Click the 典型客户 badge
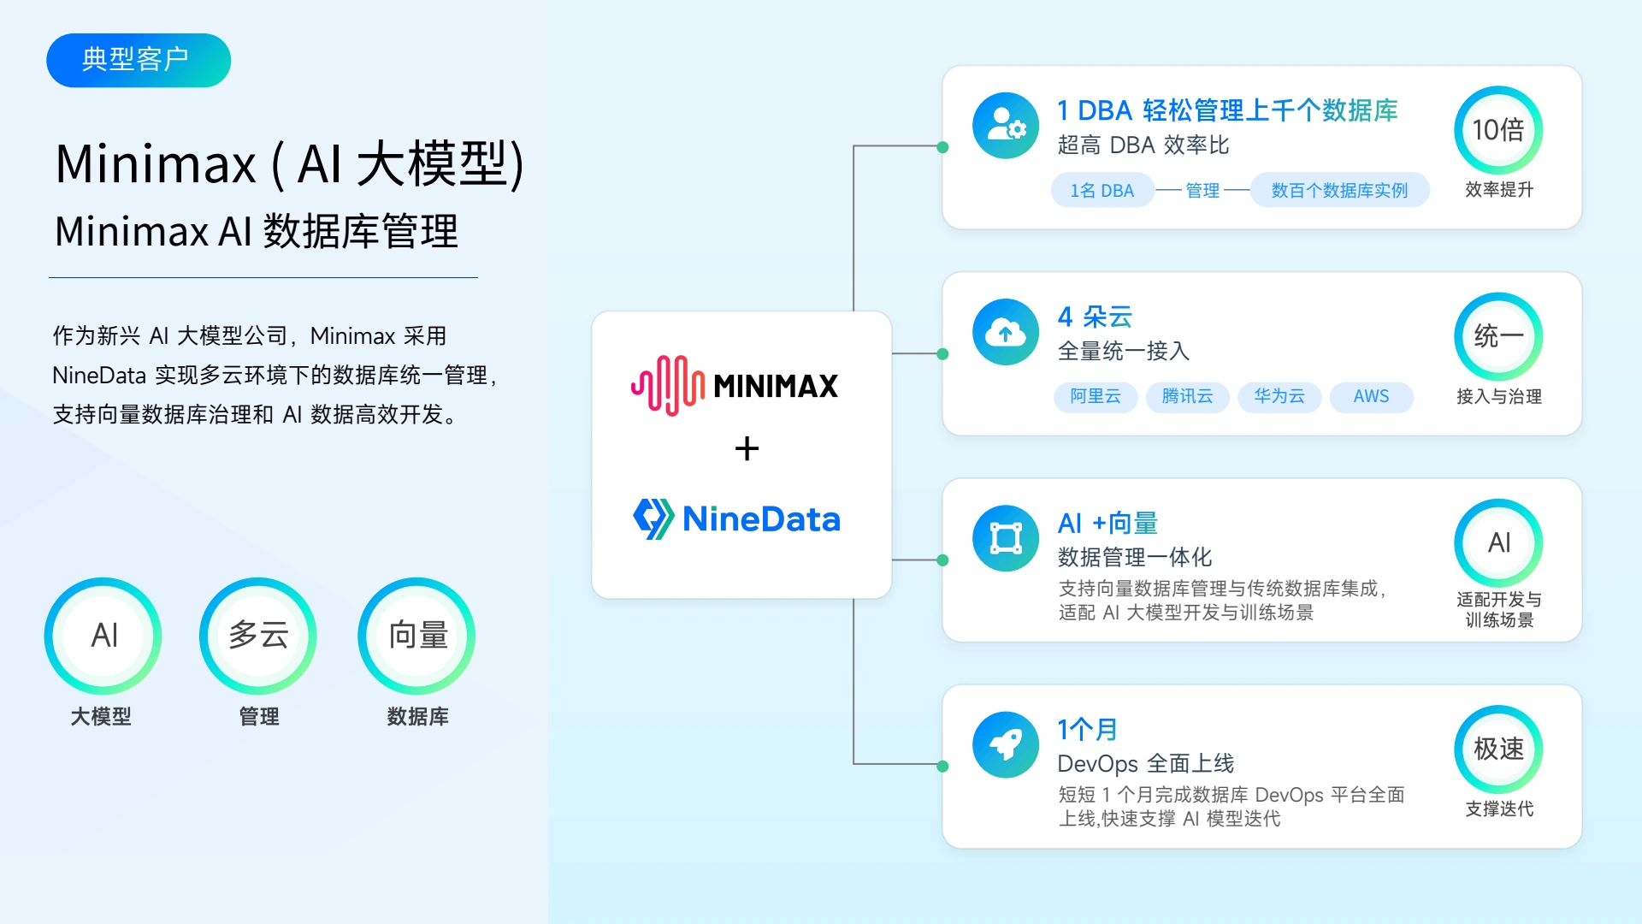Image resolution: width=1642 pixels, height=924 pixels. click(139, 60)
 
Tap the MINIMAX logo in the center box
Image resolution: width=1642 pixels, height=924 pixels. click(735, 385)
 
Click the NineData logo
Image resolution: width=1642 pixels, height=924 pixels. click(736, 518)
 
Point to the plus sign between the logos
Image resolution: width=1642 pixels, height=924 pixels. click(747, 448)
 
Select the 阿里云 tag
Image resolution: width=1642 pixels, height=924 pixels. click(1096, 396)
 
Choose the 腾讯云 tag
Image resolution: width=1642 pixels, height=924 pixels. click(1187, 396)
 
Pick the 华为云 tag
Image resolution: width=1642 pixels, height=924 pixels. click(1279, 396)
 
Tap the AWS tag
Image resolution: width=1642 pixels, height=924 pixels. click(1371, 396)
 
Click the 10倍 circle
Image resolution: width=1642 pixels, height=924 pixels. click(1498, 130)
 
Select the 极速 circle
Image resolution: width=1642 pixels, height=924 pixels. click(1498, 749)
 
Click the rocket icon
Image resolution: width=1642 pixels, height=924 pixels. click(1006, 744)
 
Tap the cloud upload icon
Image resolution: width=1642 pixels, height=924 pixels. click(1006, 332)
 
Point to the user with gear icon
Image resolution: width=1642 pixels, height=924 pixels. click(1006, 126)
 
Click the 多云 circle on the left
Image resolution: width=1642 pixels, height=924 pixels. click(258, 636)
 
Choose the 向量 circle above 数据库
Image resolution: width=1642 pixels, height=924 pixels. click(417, 636)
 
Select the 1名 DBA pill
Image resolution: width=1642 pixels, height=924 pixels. click(1102, 190)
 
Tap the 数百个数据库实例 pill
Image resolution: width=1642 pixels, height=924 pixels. click(1339, 190)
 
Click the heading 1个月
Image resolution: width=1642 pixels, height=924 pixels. click(1088, 729)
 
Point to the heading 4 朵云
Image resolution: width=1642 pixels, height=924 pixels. click(1095, 317)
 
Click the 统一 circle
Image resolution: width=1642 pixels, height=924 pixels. click(1498, 337)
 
